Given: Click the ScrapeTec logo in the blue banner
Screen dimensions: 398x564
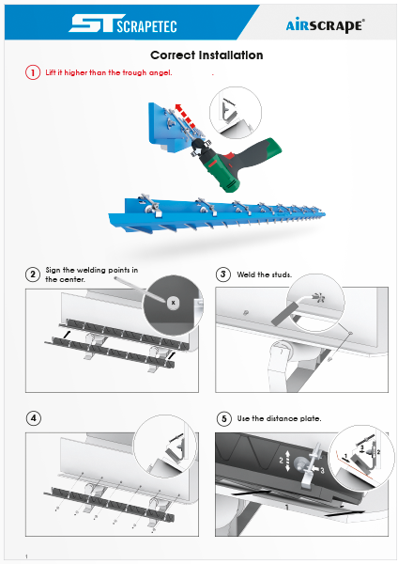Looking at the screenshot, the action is [123, 23].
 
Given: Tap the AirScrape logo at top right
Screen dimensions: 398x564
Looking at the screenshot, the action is [326, 25].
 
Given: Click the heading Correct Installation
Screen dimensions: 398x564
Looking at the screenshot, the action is [207, 55].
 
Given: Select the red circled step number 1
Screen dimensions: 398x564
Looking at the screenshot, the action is [33, 72].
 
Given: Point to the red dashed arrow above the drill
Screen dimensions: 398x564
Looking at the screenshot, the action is [185, 115].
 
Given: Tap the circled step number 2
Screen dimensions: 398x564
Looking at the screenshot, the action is [33, 274].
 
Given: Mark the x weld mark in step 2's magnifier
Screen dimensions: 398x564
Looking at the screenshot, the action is [173, 303].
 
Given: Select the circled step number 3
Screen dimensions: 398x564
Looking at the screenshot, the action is [223, 274].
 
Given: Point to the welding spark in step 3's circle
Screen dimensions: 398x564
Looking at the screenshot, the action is [318, 297].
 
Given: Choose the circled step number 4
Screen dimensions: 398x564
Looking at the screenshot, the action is [34, 418].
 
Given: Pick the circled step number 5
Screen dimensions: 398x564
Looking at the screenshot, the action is [224, 418].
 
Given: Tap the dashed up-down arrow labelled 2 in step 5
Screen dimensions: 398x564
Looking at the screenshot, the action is [287, 461].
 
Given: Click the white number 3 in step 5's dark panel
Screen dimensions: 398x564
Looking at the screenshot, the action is [322, 471].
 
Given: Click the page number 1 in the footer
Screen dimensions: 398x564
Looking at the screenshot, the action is [26, 556].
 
